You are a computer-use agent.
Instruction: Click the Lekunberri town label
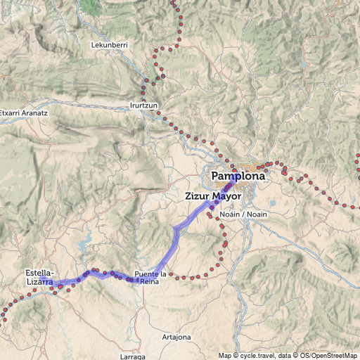tap(109, 45)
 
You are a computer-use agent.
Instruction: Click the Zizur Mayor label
tap(214, 196)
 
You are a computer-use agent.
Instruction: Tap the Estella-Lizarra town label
tap(40, 276)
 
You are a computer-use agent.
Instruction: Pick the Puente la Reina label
tap(154, 277)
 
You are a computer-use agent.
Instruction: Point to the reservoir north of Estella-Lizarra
tap(84, 245)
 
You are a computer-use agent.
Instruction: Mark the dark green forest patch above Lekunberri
tap(89, 6)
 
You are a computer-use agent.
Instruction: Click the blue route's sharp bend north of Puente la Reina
tap(175, 229)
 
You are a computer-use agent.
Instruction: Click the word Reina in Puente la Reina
tap(150, 281)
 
